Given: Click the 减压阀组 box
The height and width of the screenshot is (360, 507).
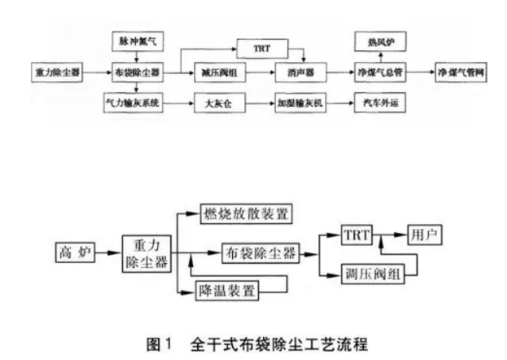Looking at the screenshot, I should (x=215, y=72).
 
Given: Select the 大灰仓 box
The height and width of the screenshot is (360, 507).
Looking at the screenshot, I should (x=215, y=103).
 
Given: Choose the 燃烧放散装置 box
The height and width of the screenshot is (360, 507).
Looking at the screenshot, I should (x=244, y=214).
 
